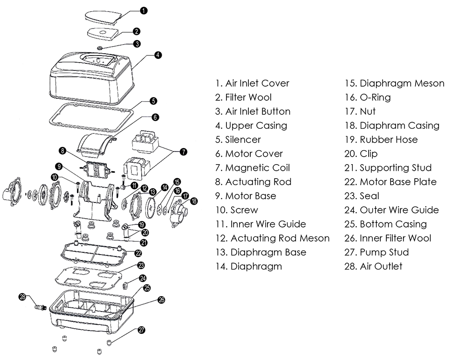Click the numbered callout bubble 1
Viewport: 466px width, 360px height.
coord(144,10)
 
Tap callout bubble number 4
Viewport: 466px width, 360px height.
coord(158,55)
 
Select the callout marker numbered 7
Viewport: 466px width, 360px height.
coord(183,152)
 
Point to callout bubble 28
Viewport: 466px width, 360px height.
coord(22,297)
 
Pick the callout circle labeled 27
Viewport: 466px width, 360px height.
coord(141,330)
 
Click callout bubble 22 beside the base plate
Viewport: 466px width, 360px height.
coord(138,253)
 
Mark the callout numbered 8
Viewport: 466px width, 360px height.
coord(62,150)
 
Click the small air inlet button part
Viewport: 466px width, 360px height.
coord(102,48)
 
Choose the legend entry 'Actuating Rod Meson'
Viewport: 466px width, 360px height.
coord(272,238)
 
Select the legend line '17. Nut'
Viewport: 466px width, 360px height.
coord(360,111)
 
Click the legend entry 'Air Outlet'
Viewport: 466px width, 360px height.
coord(373,266)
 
